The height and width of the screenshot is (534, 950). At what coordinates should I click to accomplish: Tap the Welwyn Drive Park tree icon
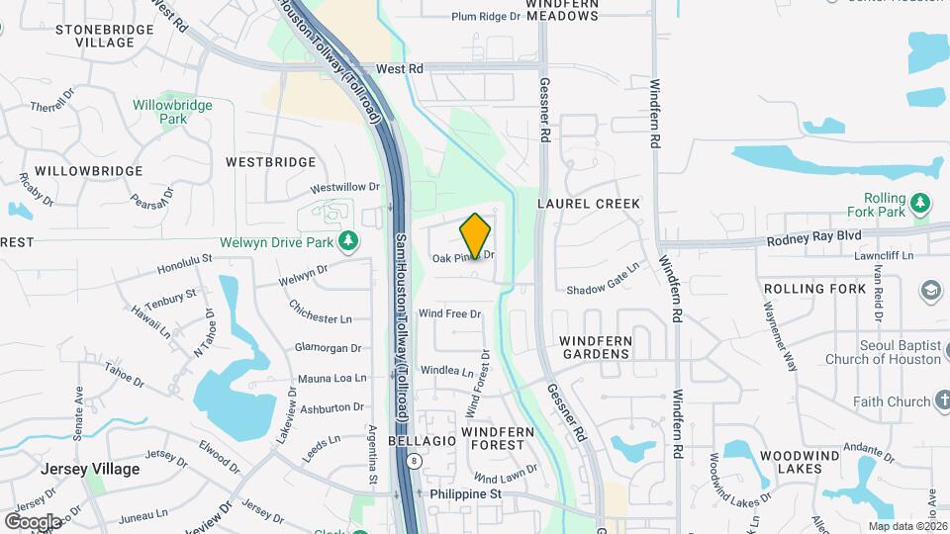pyautogui.click(x=347, y=240)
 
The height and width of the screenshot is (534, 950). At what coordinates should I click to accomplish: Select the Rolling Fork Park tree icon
pyautogui.click(x=921, y=204)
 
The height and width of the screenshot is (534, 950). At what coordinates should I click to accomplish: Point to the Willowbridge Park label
pyautogui.click(x=173, y=111)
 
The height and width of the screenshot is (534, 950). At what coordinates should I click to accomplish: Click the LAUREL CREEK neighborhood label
pyautogui.click(x=589, y=203)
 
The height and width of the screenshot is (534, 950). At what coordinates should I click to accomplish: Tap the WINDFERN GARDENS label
pyautogui.click(x=595, y=347)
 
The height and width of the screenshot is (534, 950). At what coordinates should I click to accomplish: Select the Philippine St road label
pyautogui.click(x=466, y=493)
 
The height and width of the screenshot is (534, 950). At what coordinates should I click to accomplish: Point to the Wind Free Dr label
pyautogui.click(x=449, y=313)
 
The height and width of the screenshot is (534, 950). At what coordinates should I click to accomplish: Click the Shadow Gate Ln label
pyautogui.click(x=604, y=284)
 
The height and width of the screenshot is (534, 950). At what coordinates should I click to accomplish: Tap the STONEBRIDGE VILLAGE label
pyautogui.click(x=105, y=36)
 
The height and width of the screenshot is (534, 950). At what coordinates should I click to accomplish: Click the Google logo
pyautogui.click(x=33, y=521)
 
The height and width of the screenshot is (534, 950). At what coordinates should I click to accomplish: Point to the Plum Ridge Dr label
pyautogui.click(x=486, y=17)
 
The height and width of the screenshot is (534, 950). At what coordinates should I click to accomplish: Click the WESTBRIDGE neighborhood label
pyautogui.click(x=270, y=162)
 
